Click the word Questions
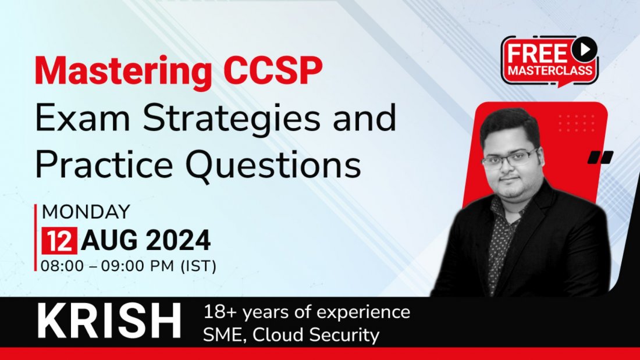273,165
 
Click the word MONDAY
86,212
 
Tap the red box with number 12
59,241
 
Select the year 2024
178,240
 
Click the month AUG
110,240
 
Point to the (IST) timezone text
198,266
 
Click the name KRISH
109,321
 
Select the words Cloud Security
316,335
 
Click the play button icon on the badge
584,49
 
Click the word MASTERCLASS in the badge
550,70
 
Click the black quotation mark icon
600,157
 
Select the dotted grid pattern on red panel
577,123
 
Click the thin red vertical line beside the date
35,237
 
